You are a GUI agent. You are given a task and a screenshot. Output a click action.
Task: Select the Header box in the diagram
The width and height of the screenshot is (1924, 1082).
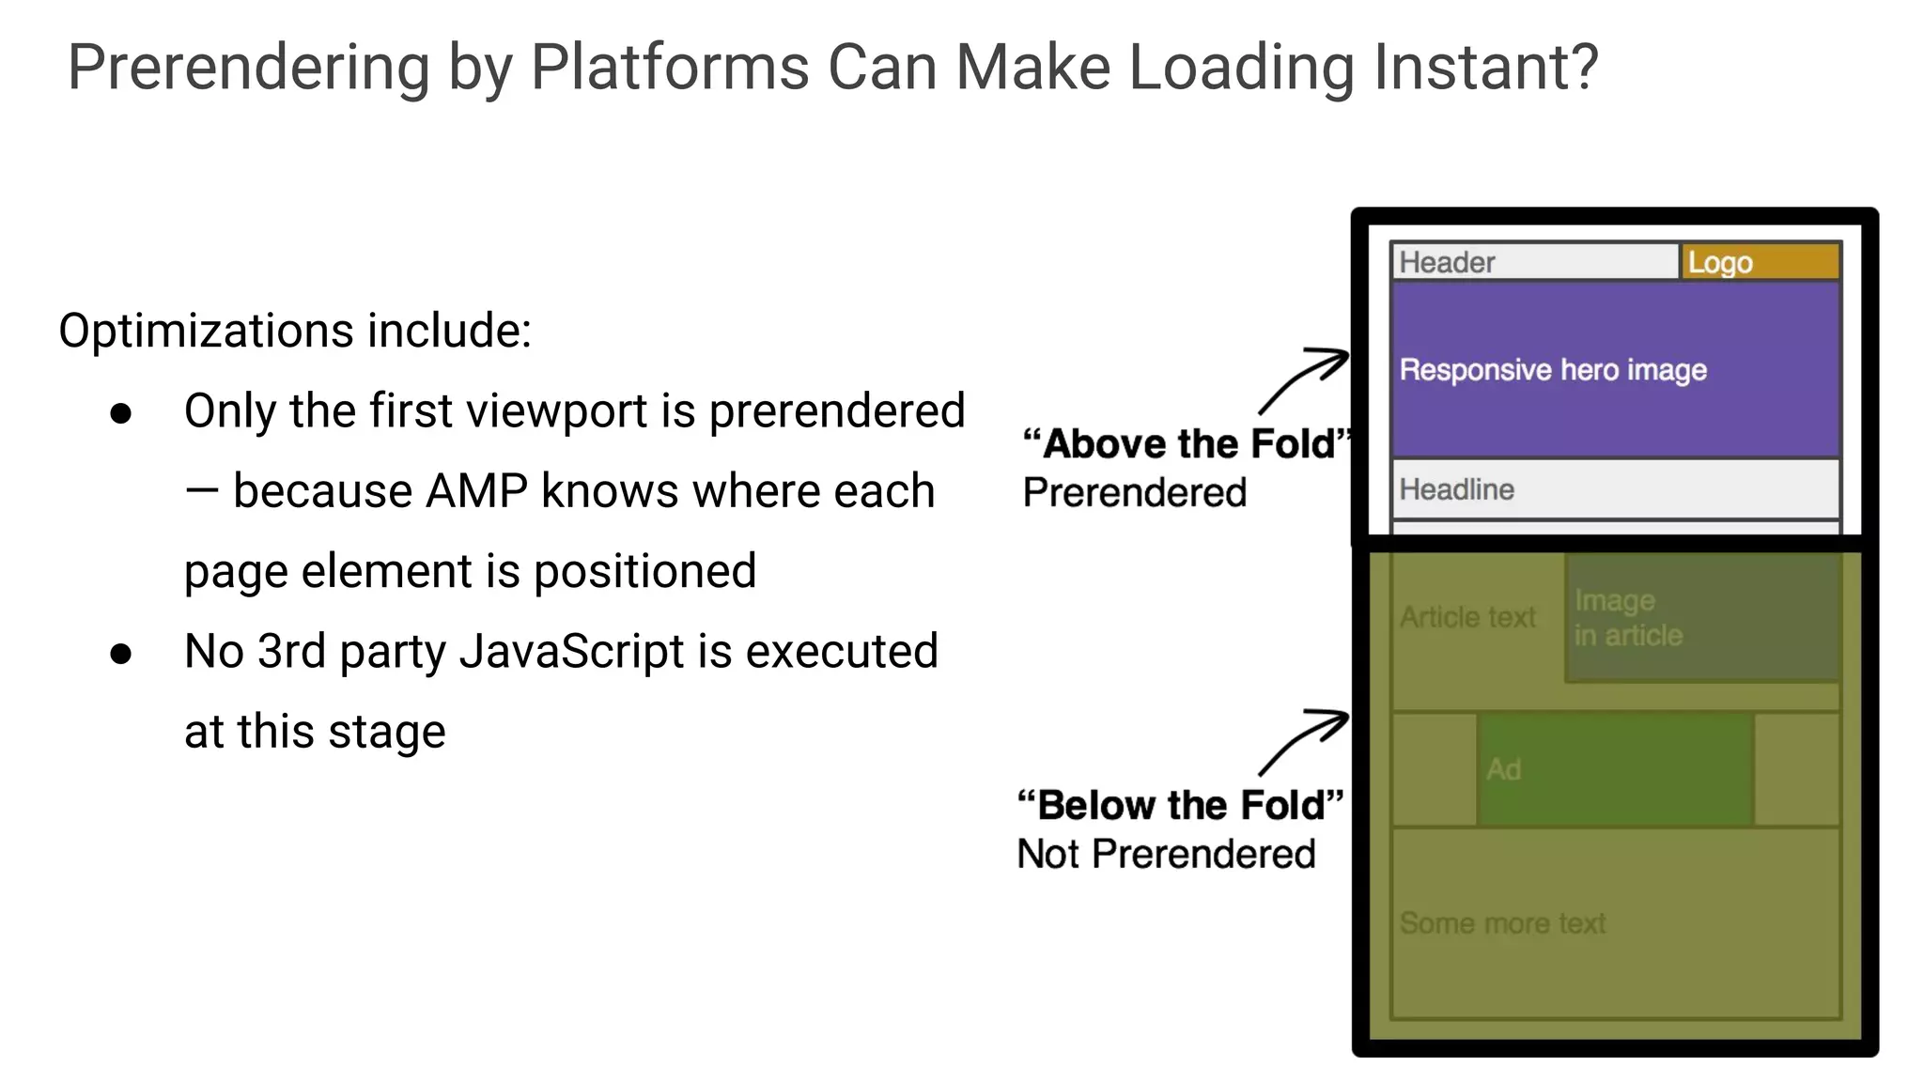coord(1534,262)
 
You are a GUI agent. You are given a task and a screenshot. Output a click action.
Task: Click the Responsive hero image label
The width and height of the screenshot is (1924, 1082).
coord(1553,370)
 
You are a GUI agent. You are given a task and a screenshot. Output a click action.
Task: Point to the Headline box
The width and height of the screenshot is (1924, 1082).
coord(1614,489)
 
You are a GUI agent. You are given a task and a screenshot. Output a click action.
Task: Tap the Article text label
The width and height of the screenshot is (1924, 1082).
coord(1467,617)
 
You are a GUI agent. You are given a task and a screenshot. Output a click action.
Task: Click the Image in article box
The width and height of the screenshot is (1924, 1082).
coord(1701,617)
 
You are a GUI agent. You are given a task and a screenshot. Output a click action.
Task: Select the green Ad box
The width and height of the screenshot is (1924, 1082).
coord(1614,769)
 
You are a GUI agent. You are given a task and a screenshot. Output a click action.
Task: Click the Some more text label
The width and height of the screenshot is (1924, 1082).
coord(1502,923)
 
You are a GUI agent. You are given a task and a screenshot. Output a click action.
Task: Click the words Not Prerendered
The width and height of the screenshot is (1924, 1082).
coord(1166,855)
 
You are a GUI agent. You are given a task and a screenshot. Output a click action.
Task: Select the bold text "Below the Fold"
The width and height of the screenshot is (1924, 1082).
coord(1181,806)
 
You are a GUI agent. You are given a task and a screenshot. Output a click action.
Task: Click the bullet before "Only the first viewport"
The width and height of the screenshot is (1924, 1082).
coord(120,413)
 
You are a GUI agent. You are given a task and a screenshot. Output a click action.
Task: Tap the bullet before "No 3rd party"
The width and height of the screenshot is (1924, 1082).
coord(120,654)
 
